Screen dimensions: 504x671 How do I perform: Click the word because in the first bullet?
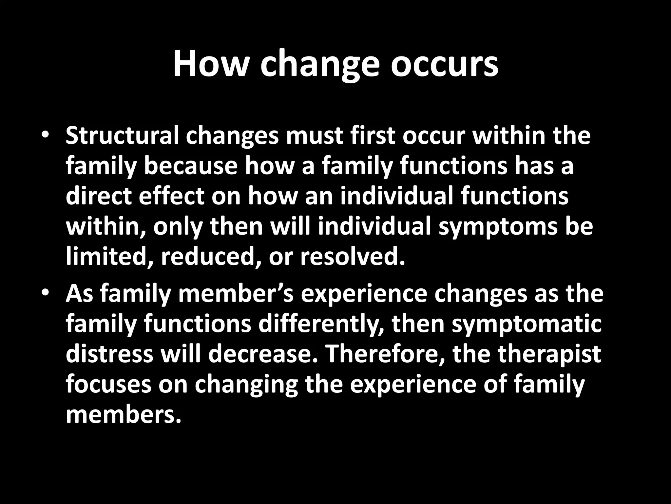(190, 166)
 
